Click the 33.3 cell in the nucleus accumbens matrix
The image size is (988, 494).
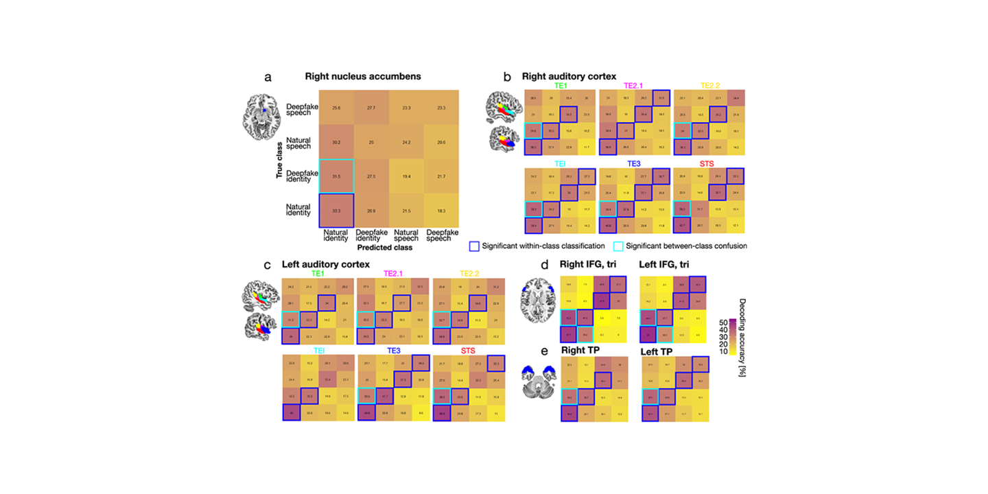pyautogui.click(x=336, y=211)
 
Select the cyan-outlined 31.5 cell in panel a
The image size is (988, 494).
pyautogui.click(x=336, y=177)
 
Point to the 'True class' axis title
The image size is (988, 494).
pyautogui.click(x=280, y=159)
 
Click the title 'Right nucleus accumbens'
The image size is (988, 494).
pyautogui.click(x=363, y=76)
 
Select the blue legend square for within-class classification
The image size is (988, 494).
pyautogui.click(x=475, y=246)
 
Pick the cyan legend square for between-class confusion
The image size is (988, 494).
pyautogui.click(x=619, y=246)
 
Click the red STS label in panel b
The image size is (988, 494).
pyautogui.click(x=708, y=164)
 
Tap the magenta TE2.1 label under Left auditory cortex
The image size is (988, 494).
pyautogui.click(x=394, y=273)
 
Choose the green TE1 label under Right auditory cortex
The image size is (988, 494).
pyautogui.click(x=560, y=86)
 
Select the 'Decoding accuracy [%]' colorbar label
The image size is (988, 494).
pyautogui.click(x=743, y=336)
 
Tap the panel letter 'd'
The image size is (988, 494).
pyautogui.click(x=544, y=265)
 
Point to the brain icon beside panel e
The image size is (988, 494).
pyautogui.click(x=539, y=380)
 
